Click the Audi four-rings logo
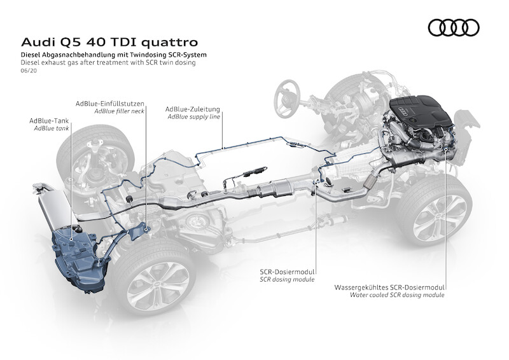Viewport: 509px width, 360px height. pos(452,27)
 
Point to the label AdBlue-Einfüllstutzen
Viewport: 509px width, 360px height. pos(110,103)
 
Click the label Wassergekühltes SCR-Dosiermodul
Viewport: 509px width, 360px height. pos(389,287)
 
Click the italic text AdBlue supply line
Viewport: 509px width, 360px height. pos(193,117)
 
